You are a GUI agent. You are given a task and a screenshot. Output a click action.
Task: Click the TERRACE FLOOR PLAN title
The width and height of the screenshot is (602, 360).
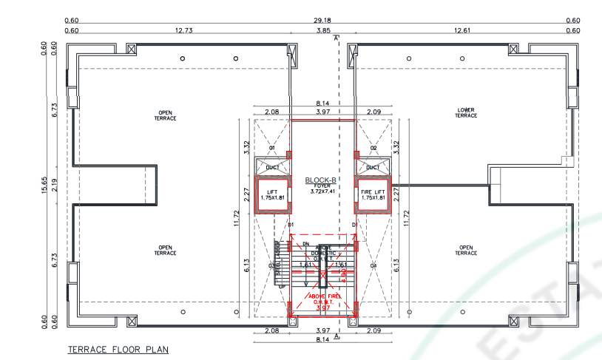point(118,350)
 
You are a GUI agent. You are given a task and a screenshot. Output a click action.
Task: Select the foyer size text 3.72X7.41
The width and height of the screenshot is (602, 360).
point(322,191)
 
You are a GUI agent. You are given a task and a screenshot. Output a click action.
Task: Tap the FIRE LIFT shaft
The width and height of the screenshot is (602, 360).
point(373,195)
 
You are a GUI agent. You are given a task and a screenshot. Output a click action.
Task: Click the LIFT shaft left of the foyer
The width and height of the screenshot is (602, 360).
point(271,195)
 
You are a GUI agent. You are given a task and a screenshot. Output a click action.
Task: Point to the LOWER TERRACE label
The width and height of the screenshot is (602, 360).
point(466,112)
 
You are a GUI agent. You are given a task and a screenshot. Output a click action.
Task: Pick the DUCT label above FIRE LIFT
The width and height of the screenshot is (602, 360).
point(373,168)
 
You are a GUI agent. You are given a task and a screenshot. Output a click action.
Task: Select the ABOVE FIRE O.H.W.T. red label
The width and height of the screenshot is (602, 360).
point(322,299)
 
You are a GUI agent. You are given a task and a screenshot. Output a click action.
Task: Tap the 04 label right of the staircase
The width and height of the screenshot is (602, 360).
point(373,265)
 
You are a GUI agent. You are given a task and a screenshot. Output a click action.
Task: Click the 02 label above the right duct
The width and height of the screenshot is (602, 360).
point(373,148)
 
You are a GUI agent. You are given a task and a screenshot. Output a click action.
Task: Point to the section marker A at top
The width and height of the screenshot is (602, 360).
point(336,37)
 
